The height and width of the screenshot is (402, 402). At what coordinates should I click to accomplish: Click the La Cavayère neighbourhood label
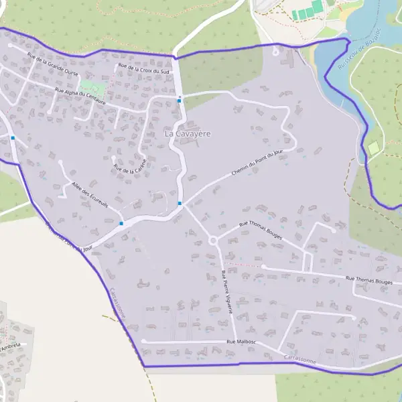click(x=188, y=133)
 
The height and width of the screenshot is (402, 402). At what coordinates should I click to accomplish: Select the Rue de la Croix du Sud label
click(x=144, y=68)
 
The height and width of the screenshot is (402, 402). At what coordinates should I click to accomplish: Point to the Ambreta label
click(x=11, y=346)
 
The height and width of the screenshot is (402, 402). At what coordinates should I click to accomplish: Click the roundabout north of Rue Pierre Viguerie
click(x=214, y=241)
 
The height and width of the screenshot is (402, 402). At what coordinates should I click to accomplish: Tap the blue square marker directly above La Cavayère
click(x=180, y=100)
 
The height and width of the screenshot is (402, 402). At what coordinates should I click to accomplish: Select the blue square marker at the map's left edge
click(x=13, y=138)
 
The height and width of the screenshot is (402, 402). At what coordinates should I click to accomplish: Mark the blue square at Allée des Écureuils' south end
click(x=121, y=223)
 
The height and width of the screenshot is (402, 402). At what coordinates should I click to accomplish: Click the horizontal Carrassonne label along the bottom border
click(x=299, y=360)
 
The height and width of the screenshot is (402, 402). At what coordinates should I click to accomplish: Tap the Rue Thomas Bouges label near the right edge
click(x=368, y=281)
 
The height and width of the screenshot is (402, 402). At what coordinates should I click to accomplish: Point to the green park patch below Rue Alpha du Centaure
click(x=93, y=88)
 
